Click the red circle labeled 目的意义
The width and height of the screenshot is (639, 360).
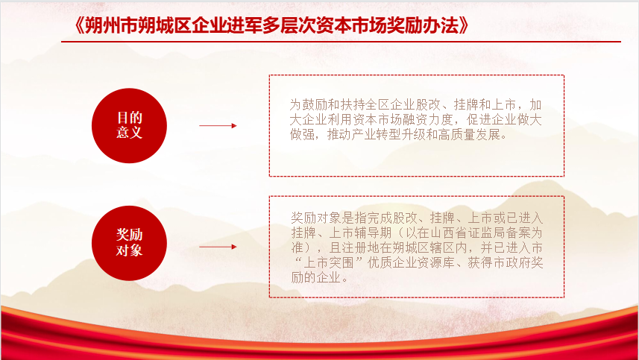point(129,125)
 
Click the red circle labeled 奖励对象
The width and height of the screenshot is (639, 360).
point(129,243)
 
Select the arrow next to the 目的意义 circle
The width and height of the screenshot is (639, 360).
point(218,126)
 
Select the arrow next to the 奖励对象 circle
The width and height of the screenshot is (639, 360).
point(218,247)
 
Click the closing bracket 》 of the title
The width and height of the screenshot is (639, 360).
point(465,25)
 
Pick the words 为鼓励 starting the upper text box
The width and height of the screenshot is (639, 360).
point(309,104)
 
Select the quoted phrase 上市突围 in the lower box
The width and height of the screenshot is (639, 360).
point(329,262)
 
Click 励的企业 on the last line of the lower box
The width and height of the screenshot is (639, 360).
point(316,277)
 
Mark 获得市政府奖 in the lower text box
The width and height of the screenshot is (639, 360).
point(506,262)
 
